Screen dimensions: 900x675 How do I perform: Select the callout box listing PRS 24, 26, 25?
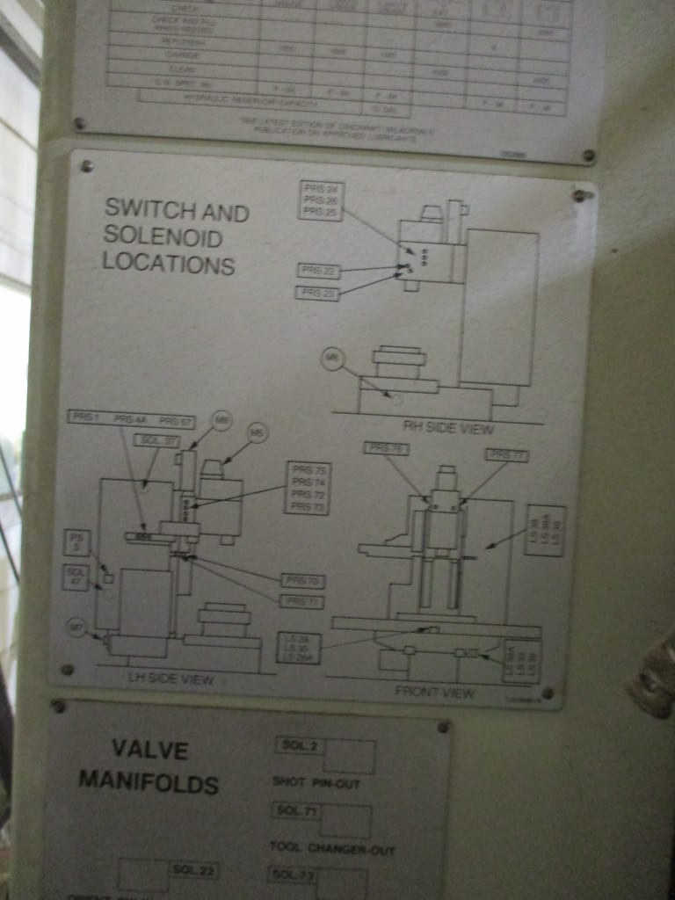pos(320,200)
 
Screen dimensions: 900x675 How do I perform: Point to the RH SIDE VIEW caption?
pos(448,428)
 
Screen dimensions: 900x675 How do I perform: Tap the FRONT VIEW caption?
pos(434,692)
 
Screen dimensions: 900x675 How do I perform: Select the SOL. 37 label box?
pos(157,439)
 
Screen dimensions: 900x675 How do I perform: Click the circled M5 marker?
pos(257,432)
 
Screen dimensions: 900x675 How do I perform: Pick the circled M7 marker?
pos(77,627)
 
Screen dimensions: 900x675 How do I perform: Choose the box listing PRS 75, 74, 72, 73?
pos(308,488)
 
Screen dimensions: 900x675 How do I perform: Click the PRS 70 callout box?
pos(302,580)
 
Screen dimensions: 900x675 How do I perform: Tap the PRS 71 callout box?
pos(301,601)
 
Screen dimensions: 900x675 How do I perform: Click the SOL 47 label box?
pos(76,577)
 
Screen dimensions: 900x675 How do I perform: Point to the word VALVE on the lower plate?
pos(149,750)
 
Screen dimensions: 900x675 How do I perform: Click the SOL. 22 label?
pos(193,870)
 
